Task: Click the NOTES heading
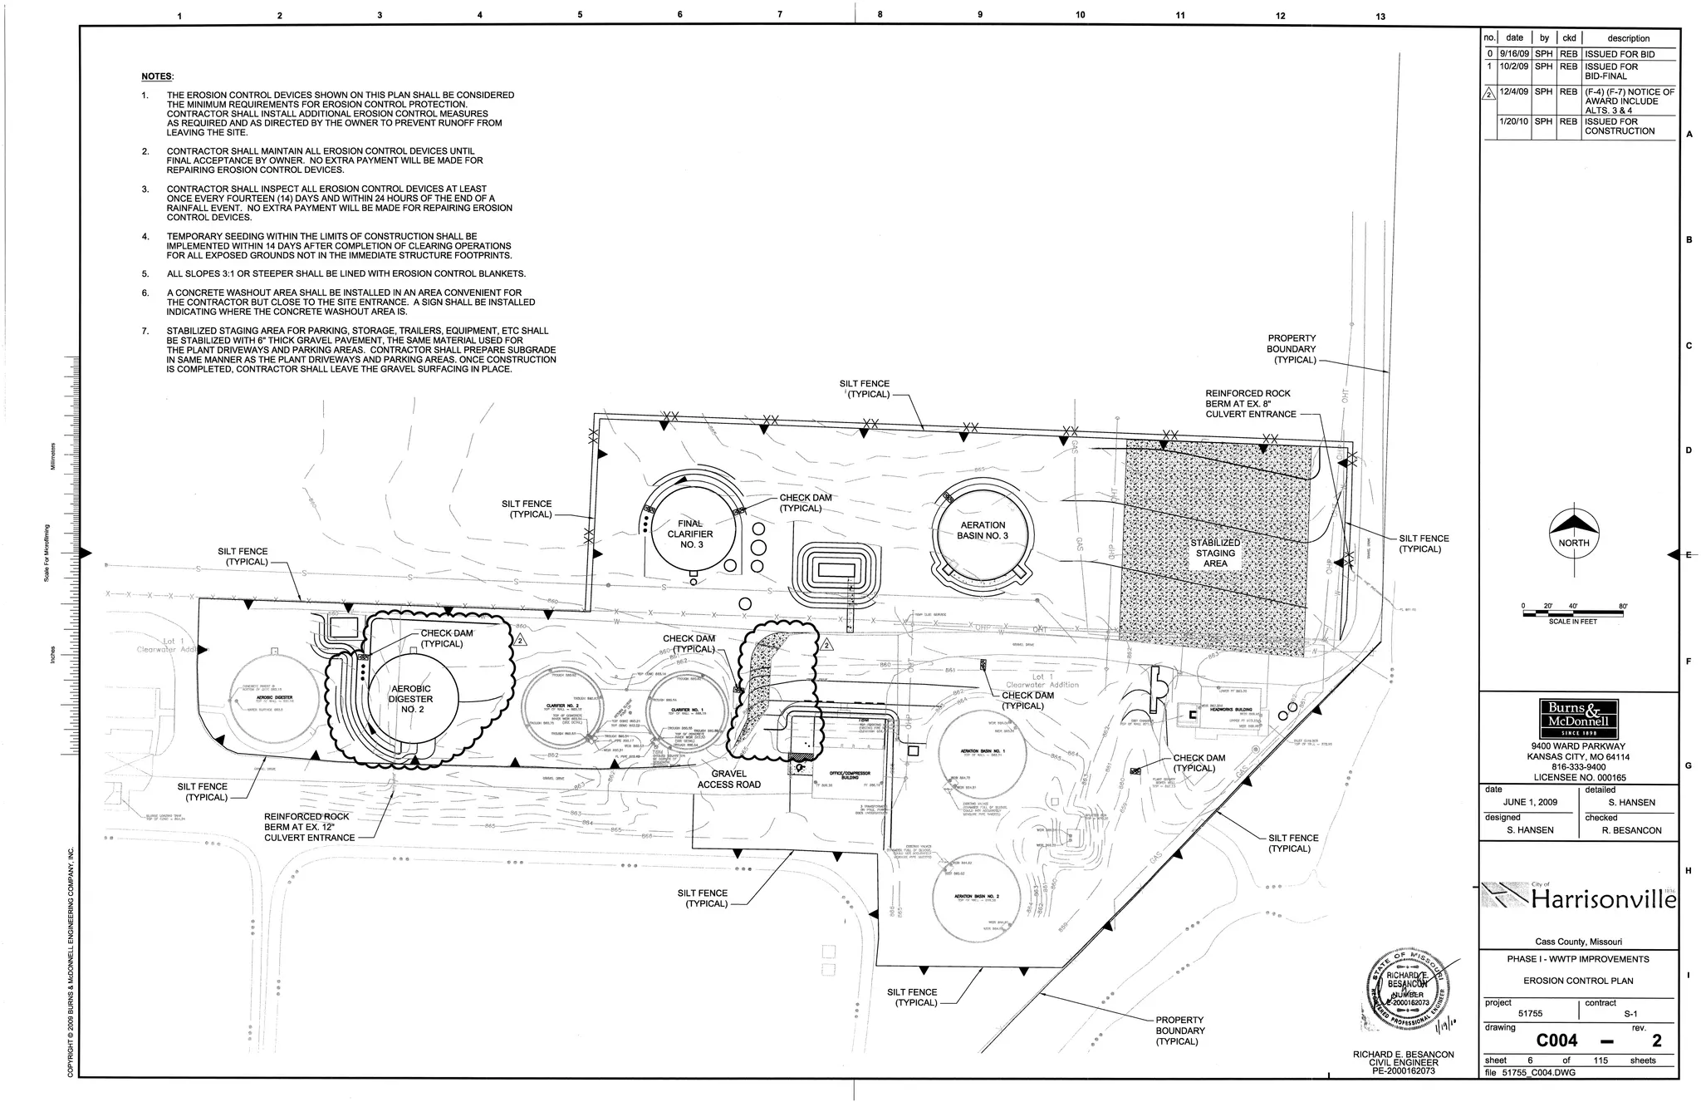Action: point(157,76)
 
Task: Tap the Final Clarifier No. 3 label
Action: point(690,534)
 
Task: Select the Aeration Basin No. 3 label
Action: point(983,530)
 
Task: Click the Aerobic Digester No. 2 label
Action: point(411,699)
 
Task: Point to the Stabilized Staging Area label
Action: point(1215,553)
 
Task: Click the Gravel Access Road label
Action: point(729,779)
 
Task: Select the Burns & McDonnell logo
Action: point(1578,714)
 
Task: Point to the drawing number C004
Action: point(1556,1041)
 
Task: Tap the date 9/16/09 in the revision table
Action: point(1514,54)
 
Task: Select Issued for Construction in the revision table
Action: point(1619,126)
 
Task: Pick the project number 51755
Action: point(1530,1014)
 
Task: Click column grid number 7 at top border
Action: point(780,15)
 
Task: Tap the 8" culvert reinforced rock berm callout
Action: point(1249,403)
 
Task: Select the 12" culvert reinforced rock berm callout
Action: point(306,827)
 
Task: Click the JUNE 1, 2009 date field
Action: point(1530,803)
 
